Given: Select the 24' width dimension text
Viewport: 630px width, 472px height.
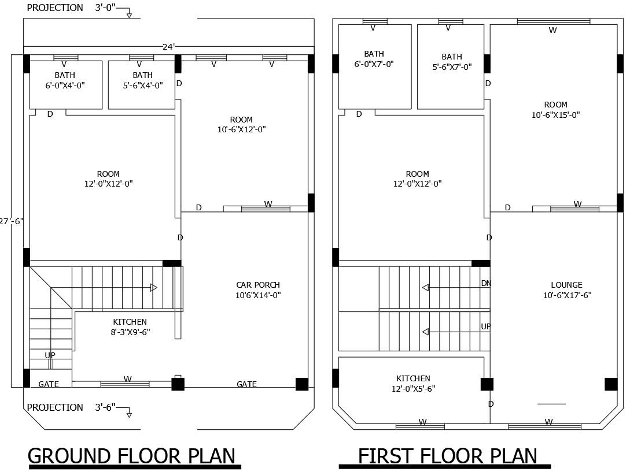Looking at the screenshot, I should click(x=168, y=47).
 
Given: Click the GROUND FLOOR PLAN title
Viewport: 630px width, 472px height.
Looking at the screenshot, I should click(x=132, y=456).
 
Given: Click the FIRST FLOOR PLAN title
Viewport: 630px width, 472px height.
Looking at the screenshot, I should click(x=447, y=456).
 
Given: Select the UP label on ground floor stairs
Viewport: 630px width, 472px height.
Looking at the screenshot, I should click(x=50, y=355).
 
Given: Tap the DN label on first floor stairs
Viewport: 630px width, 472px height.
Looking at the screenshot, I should click(x=486, y=283).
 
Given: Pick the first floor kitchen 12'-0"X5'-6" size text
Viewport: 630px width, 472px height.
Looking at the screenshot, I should click(x=413, y=389).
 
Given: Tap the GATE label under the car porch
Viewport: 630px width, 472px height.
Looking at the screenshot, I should click(x=246, y=384).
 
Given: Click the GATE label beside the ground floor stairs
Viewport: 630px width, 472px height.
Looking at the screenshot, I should click(x=49, y=384).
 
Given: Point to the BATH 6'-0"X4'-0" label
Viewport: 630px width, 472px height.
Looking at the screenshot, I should click(x=65, y=80).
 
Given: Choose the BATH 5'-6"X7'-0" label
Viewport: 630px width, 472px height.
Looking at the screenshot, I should click(x=452, y=62).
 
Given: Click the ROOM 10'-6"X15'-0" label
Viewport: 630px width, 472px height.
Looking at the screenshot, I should click(x=555, y=110).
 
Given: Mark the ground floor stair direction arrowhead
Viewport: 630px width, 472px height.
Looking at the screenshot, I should click(x=154, y=287).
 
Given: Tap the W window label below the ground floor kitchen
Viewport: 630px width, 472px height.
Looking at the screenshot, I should click(x=127, y=379).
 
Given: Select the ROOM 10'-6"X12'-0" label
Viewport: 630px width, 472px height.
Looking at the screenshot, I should click(x=241, y=125).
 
